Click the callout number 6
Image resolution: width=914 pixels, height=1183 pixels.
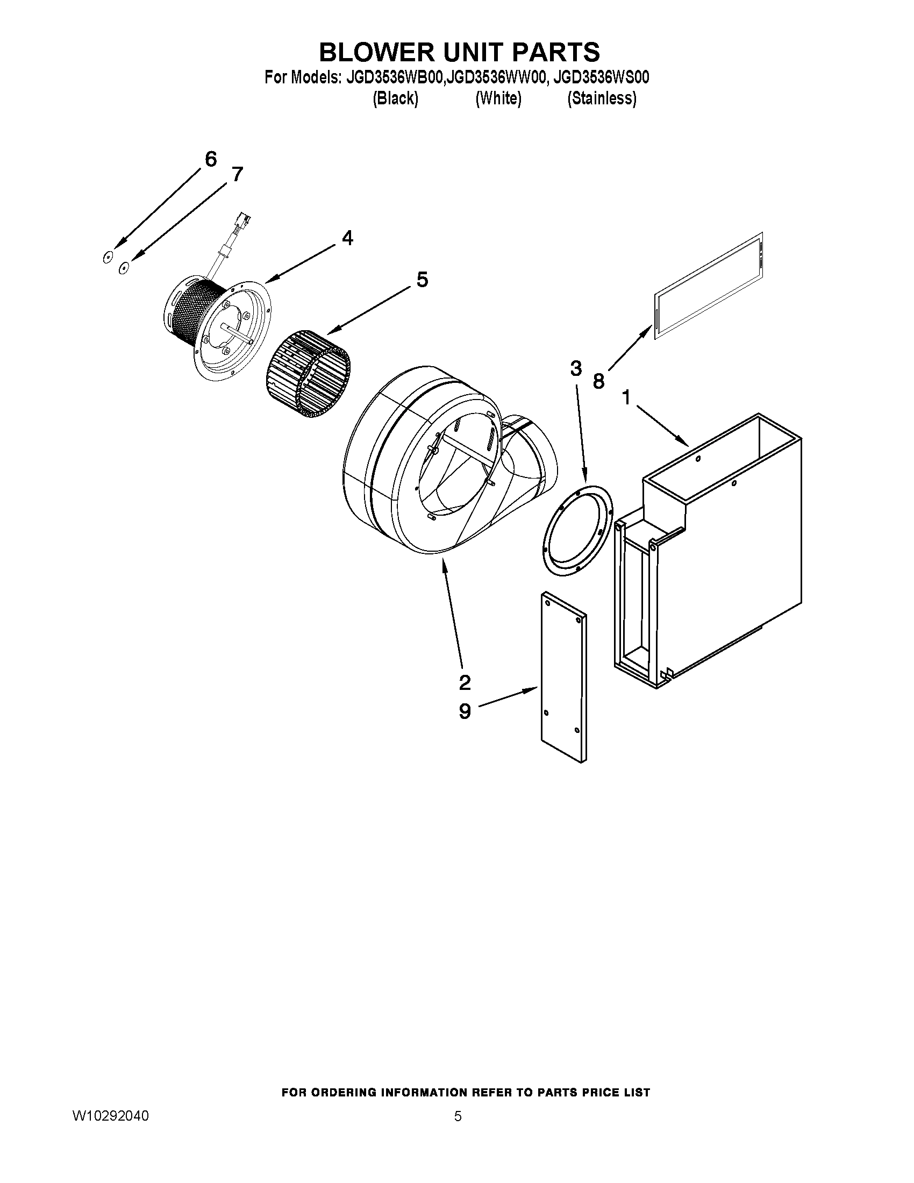pos(211,159)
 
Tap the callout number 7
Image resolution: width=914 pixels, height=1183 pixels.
pos(237,174)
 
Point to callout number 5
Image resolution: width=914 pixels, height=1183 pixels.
pos(422,280)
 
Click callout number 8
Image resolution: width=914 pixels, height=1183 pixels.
pos(598,381)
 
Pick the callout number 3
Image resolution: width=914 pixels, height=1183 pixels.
pos(576,369)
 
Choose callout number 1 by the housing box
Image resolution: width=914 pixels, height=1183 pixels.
pos(626,398)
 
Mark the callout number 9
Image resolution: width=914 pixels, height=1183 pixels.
pos(465,711)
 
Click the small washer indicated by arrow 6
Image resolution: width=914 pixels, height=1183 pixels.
pos(108,257)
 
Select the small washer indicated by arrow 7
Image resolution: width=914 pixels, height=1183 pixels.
pos(124,267)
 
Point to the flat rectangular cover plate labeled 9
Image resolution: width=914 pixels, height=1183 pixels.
pos(563,677)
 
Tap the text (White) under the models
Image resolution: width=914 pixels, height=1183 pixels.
pos(498,98)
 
